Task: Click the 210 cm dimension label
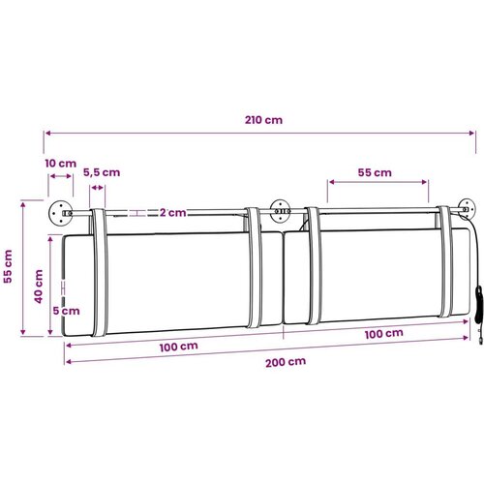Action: pos(263,120)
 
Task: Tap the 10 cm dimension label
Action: pos(61,164)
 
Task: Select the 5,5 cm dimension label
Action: pos(102,172)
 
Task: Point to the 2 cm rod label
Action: pos(173,213)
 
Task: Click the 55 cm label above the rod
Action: pos(375,172)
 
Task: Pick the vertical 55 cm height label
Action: pos(8,266)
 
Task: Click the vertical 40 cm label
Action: pos(39,287)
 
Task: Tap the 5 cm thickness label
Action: pos(66,311)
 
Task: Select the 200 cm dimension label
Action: pos(286,362)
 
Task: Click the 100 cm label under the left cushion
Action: pos(178,347)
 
